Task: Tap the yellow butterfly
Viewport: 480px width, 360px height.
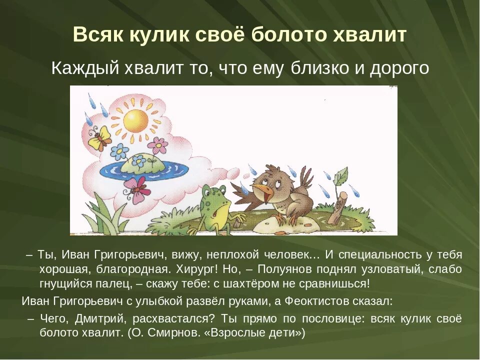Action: (99, 137)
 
